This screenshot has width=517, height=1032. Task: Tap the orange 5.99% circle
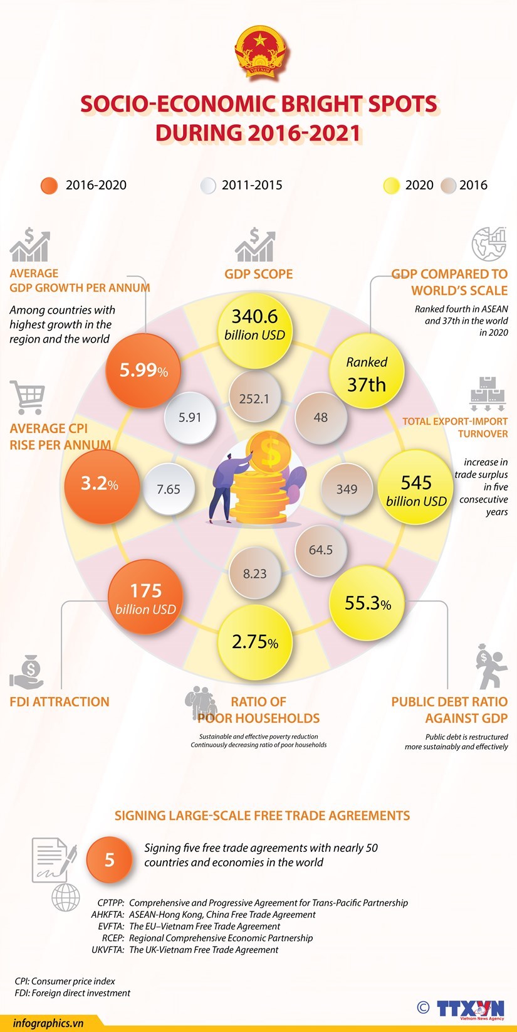144,370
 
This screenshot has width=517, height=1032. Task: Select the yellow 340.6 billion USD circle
254,325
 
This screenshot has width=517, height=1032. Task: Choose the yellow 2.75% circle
254,642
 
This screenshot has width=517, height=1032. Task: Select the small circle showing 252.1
254,398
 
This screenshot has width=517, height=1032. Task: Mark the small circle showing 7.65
168,489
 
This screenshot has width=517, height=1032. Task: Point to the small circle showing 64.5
320,550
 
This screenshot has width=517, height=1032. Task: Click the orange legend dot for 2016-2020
49,186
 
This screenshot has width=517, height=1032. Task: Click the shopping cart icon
28,397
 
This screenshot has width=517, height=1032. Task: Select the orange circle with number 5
110,859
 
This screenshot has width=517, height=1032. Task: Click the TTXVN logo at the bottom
470,1009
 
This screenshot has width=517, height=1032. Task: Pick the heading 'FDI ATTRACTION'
60,701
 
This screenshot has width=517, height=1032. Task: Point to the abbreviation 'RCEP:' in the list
113,938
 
